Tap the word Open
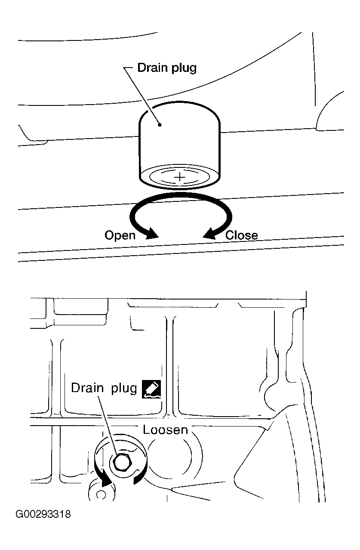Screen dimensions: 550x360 (120, 235)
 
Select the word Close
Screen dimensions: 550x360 (242, 235)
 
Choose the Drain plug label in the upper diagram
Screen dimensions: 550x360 (166, 68)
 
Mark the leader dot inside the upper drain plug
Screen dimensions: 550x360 (160, 125)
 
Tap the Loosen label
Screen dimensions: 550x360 (165, 430)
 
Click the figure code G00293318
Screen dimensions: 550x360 (43, 514)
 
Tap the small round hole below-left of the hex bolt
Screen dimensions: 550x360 (101, 494)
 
